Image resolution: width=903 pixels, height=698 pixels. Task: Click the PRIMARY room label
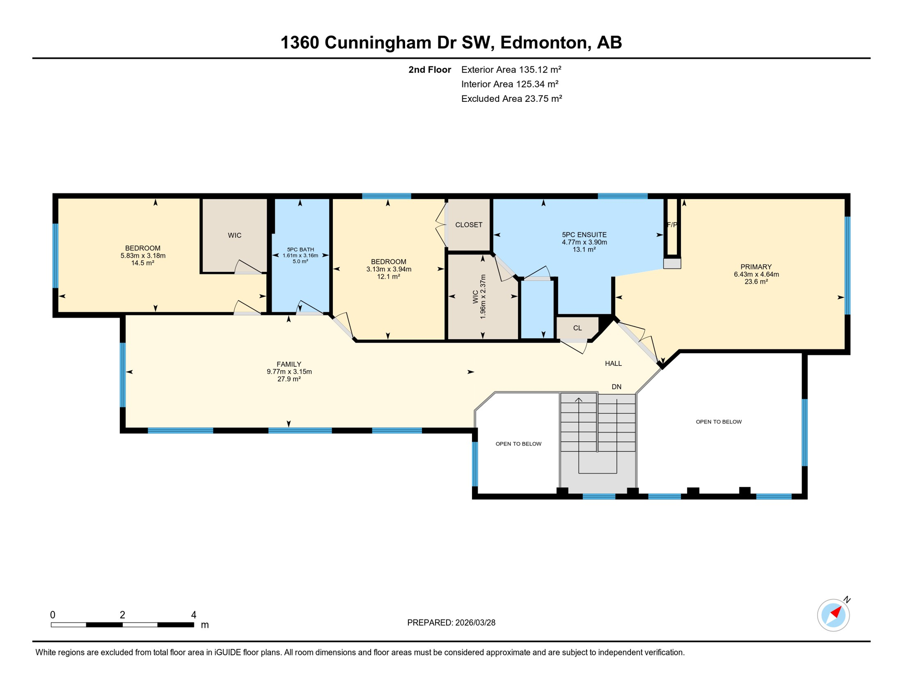coord(756,267)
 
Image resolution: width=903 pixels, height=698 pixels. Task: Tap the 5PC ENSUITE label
coord(584,235)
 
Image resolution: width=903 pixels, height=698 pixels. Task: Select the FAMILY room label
coord(289,364)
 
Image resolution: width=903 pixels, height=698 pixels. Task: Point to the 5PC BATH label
coord(300,249)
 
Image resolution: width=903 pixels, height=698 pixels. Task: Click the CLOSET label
coord(469,225)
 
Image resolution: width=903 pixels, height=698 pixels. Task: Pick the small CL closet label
coord(577,328)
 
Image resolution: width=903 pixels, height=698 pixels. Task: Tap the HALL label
coord(613,364)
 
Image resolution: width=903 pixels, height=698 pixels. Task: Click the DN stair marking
coord(616,387)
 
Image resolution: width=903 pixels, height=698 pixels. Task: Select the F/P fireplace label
coord(672,224)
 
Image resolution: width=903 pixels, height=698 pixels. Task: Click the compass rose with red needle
coord(834,615)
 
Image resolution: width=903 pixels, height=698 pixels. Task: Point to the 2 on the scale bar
coord(122,615)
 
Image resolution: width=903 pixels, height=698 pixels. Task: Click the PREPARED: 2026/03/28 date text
coord(451,623)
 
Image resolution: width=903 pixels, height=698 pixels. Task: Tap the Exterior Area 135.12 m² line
coord(511,70)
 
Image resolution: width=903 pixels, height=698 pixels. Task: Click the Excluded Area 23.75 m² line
coord(511,99)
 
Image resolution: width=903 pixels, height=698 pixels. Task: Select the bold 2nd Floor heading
coord(429,70)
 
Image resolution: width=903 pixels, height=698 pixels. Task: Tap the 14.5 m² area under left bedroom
coord(143,263)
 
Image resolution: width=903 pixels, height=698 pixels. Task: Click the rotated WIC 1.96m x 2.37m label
coord(479,296)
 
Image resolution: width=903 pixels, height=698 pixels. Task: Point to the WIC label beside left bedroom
coord(234,235)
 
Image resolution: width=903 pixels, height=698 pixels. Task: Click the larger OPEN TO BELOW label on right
coord(719,422)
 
